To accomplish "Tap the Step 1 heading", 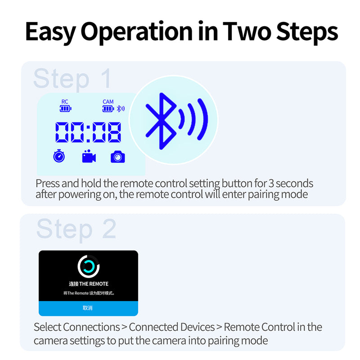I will click(x=72, y=79).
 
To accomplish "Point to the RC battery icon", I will click(x=65, y=109).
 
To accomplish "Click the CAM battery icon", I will click(x=108, y=109).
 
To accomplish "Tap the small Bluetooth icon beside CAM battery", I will click(x=121, y=108).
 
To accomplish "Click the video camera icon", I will click(x=89, y=156).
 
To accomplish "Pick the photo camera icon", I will click(x=118, y=157).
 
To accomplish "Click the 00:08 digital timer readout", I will click(x=88, y=133).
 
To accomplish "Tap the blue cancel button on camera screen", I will click(x=88, y=308).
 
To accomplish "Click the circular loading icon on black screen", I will click(x=88, y=267).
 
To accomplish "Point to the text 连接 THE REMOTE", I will click(x=88, y=284).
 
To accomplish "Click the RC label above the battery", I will click(x=65, y=102).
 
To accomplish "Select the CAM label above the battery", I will click(x=108, y=102).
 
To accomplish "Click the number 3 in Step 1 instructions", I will click(x=271, y=184).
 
